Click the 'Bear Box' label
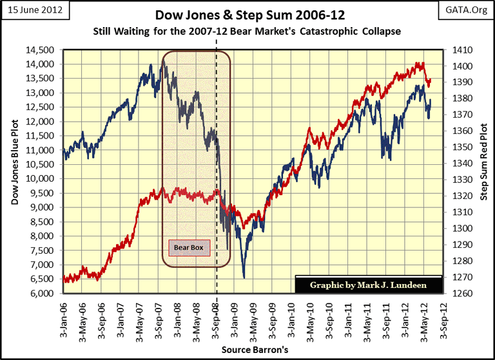tap(189, 246)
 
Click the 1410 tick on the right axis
tap(463, 50)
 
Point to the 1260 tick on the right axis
tap(463, 294)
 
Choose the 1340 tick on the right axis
tap(463, 164)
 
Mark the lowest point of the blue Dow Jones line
tap(244, 278)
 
